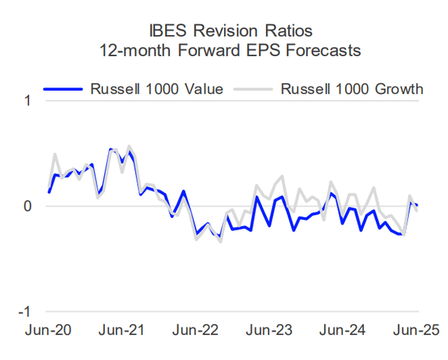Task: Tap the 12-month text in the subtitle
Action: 139,52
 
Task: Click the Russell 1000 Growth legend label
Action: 351,89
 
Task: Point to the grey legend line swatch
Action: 255,89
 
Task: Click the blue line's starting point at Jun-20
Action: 49,192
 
